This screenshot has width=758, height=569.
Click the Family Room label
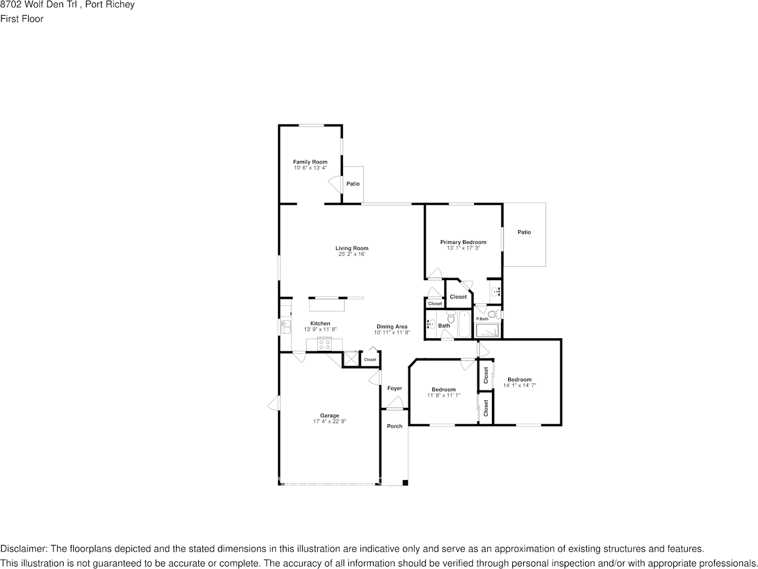310,162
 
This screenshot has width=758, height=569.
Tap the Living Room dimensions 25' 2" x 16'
352,254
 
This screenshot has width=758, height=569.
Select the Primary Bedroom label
463,242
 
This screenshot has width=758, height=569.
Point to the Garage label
329,415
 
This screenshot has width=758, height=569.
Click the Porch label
395,426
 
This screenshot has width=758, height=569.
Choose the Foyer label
394,388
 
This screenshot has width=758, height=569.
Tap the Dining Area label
392,326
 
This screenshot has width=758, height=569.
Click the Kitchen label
320,323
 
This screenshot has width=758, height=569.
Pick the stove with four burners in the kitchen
324,344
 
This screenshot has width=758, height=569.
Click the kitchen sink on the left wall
285,326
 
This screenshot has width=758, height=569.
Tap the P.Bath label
482,318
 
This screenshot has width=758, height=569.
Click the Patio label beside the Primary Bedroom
524,232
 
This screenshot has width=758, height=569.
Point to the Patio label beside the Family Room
353,183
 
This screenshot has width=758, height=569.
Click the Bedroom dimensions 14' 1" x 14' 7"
520,385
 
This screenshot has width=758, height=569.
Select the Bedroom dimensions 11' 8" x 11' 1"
443,395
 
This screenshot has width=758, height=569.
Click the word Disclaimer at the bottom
23,549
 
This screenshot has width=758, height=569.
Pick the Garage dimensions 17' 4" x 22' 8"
329,421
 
